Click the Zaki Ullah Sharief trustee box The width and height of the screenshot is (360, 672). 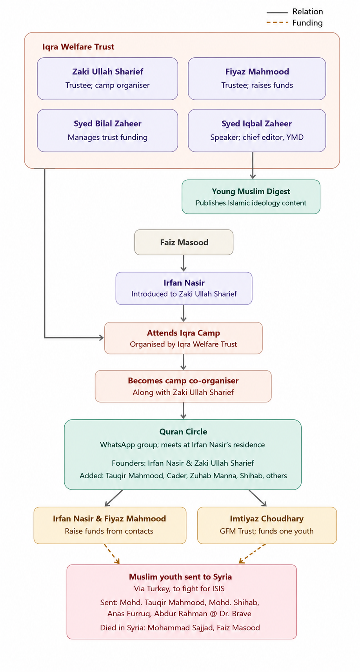(107, 78)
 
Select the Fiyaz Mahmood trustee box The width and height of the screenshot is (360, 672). (257, 78)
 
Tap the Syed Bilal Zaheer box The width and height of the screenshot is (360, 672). (107, 131)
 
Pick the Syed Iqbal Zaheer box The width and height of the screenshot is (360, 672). (257, 131)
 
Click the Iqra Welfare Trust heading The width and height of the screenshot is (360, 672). (78, 47)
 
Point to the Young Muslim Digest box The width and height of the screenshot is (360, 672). (251, 197)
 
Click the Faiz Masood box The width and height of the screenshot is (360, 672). (184, 242)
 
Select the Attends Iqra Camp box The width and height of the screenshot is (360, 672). (183, 338)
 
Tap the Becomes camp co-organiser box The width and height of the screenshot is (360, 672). (183, 386)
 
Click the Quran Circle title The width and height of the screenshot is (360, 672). (183, 432)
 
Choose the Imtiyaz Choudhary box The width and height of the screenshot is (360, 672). (267, 525)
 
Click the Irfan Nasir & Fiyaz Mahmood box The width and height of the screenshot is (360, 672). (110, 525)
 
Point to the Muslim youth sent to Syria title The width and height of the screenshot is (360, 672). (180, 577)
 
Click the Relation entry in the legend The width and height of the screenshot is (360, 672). (295, 12)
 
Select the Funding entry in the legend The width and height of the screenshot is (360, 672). (295, 23)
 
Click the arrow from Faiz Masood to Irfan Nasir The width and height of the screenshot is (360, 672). (184, 263)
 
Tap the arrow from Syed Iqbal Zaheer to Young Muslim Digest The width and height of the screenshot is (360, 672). (253, 166)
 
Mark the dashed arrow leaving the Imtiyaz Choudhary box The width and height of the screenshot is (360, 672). (252, 554)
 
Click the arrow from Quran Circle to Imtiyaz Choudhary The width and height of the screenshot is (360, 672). (257, 498)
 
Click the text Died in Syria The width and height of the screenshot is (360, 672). (123, 628)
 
